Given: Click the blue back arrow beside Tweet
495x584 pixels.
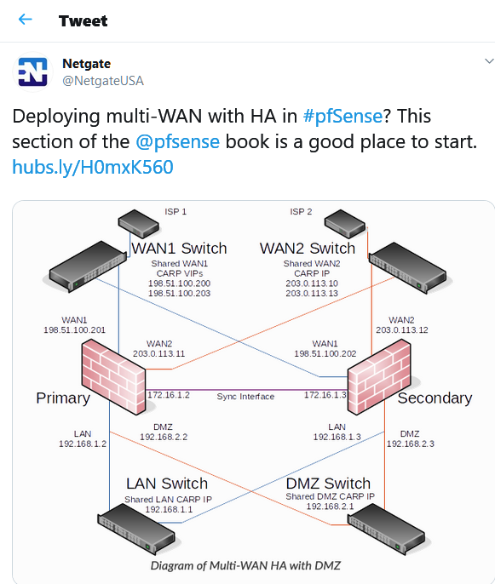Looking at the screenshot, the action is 25,19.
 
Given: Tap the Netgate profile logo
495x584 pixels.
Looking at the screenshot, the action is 32,72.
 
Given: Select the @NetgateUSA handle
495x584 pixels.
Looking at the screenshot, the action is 103,81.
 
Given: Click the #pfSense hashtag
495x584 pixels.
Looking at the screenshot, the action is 342,116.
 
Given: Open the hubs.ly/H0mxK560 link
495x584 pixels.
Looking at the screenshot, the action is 93,167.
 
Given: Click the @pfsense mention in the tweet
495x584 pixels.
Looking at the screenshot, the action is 177,142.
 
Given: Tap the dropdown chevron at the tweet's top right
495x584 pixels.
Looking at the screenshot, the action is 489,61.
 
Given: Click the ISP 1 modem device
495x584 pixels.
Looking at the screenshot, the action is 138,223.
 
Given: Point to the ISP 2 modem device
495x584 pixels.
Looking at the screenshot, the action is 345,223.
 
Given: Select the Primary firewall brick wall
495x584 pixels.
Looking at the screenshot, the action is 113,377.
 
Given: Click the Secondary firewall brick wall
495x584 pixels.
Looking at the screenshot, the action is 379,377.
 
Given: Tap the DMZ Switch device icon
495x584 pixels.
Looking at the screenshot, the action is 386,529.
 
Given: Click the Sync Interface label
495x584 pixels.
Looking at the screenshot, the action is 245,397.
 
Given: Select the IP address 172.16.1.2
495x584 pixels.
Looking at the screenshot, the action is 169,395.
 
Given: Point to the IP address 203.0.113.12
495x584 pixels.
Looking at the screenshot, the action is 402,330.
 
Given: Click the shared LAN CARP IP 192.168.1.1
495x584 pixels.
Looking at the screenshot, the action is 169,509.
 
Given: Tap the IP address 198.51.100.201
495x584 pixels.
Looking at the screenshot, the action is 75,330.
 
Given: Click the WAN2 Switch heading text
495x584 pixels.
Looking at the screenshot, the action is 308,249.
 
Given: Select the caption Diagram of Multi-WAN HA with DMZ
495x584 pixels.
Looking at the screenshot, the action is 245,566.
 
